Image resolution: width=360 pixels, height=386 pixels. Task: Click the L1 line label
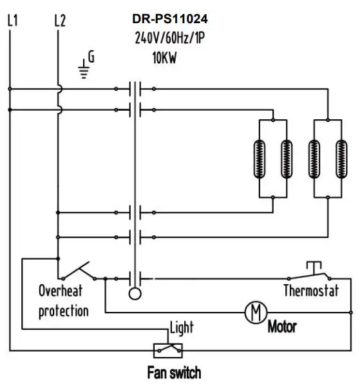(x=11, y=21)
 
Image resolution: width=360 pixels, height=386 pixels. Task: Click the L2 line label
(x=60, y=21)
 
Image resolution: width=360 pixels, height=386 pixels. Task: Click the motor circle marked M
(x=255, y=313)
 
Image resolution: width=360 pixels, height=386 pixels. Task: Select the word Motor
(x=282, y=327)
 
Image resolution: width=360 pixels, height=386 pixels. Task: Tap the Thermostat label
(x=311, y=291)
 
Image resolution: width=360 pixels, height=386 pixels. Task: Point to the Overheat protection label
(x=64, y=300)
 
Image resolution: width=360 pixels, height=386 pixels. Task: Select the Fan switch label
(x=174, y=372)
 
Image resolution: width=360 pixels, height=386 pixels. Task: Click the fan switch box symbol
(x=167, y=350)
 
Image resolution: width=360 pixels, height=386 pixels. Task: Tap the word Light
(x=181, y=327)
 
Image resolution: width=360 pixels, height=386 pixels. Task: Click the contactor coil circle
(x=135, y=294)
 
